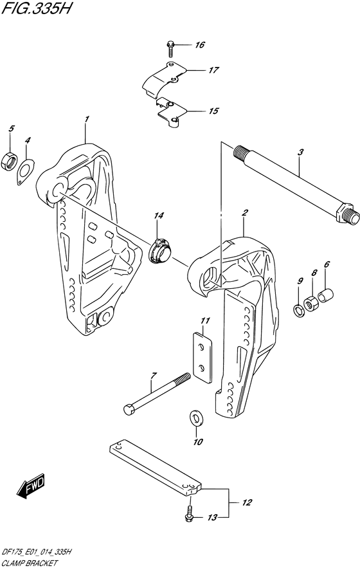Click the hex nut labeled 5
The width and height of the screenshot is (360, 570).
click(10, 160)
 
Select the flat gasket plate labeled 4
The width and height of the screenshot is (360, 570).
click(26, 172)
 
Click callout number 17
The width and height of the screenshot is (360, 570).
click(213, 69)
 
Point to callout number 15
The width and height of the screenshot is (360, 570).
click(213, 111)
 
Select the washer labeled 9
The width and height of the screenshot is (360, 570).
click(299, 311)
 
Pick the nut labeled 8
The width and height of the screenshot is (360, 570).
click(310, 303)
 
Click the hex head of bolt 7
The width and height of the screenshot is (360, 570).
click(129, 410)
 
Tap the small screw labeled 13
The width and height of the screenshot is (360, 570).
click(189, 515)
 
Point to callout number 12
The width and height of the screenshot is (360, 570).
click(247, 502)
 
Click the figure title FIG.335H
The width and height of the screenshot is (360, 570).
click(37, 9)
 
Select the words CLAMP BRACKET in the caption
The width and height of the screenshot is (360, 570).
click(30, 563)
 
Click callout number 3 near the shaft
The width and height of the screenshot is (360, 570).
click(300, 152)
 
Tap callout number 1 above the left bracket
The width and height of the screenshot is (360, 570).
click(87, 119)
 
